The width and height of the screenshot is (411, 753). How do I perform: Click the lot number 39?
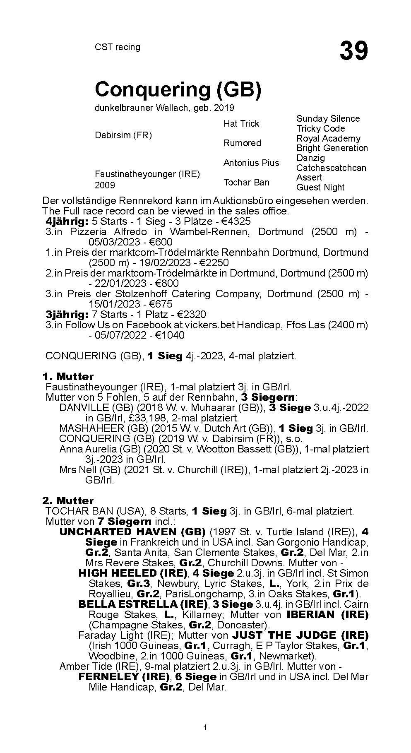(353, 51)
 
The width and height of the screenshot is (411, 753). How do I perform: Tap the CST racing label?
(118, 47)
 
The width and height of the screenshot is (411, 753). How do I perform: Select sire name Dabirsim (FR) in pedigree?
(123, 135)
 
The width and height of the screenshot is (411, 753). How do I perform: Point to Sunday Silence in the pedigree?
(328, 119)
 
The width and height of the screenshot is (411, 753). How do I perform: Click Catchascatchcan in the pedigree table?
(331, 168)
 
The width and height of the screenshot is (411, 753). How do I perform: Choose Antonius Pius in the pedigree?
(251, 163)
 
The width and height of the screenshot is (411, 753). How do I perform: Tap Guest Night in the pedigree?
(320, 187)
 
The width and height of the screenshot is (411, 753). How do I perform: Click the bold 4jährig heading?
(67, 221)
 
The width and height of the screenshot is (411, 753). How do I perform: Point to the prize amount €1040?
(170, 335)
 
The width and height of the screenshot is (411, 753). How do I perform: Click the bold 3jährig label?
(67, 314)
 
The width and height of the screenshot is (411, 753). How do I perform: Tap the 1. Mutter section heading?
(68, 376)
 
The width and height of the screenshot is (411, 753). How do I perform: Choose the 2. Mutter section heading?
(68, 500)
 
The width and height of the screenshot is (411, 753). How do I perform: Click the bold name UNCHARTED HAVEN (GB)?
(132, 532)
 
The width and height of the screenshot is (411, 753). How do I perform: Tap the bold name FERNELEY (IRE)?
(124, 677)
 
